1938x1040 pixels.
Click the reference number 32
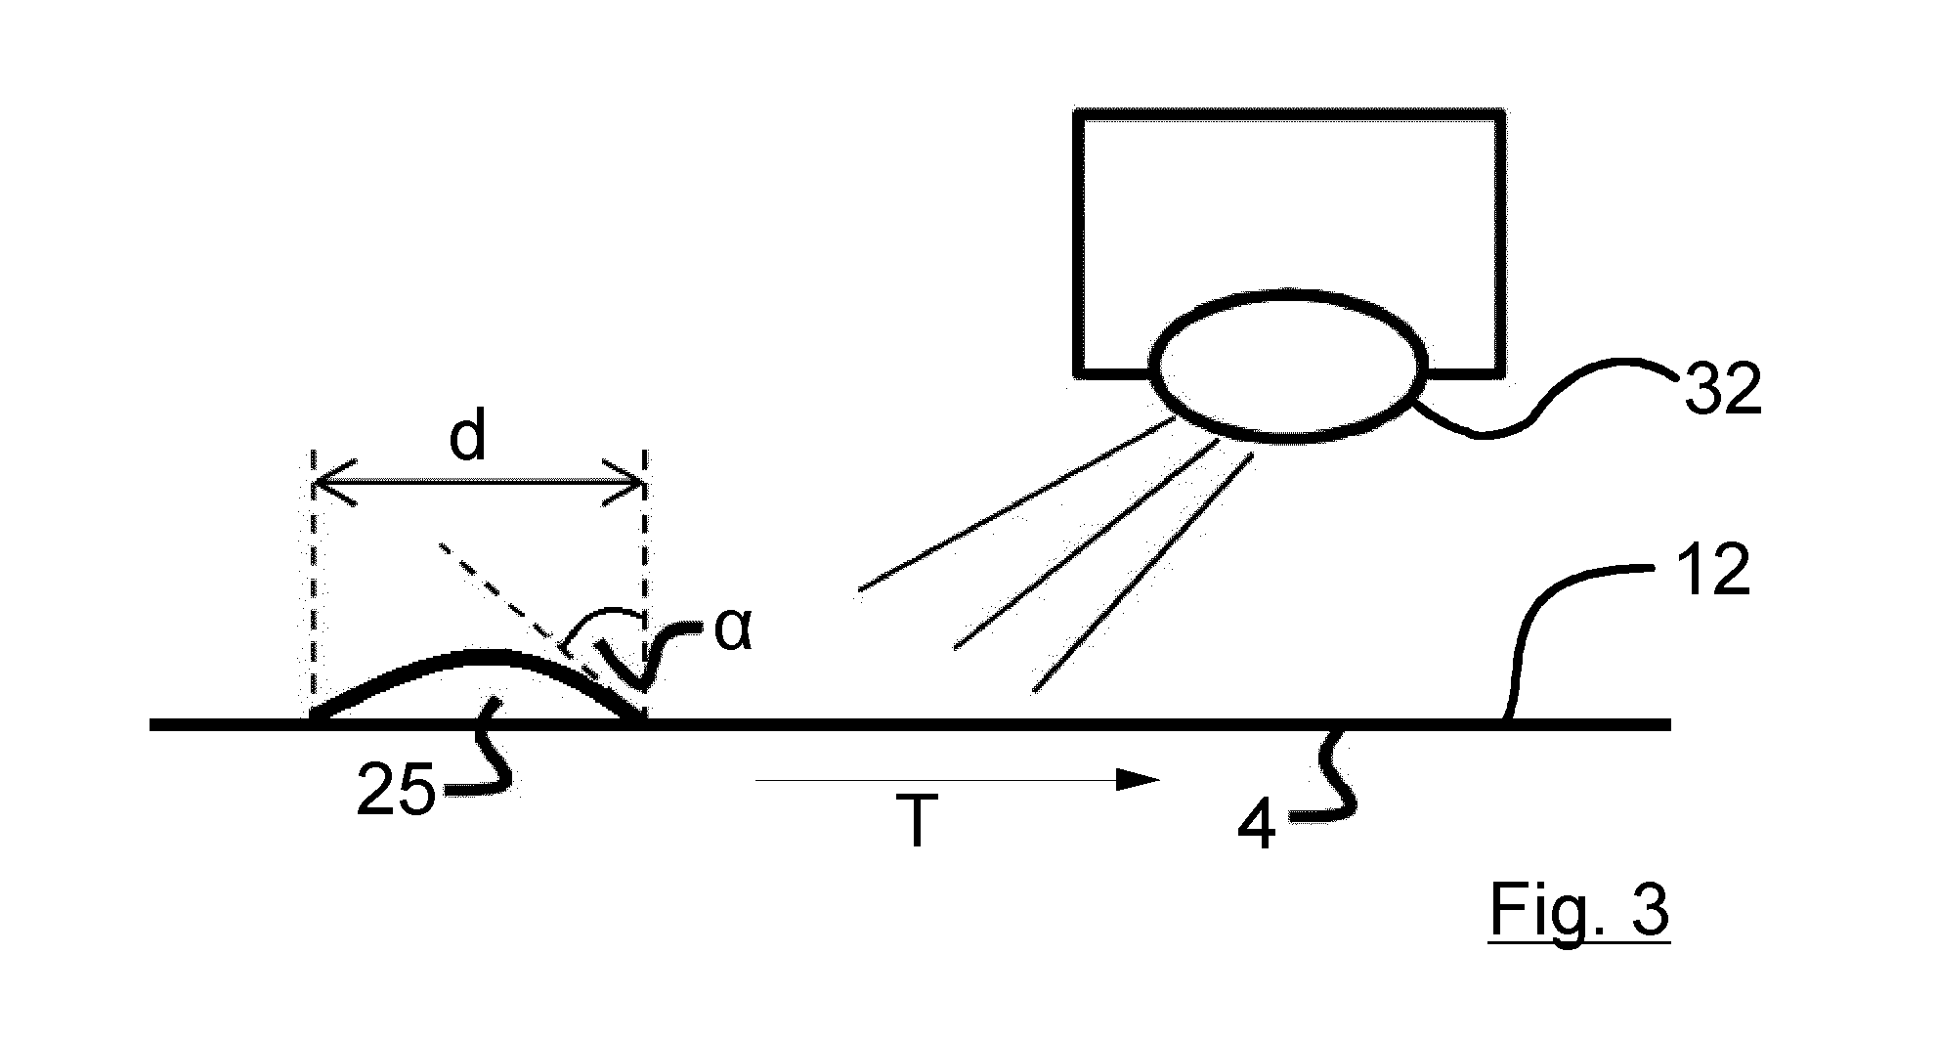pos(1721,390)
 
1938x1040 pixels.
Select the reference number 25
pos(396,791)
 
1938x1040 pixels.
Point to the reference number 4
pos(1258,828)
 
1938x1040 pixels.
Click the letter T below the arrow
pos(916,822)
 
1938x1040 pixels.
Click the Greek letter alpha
pos(733,631)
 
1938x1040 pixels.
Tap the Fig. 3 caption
pos(1579,912)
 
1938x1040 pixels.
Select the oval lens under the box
pos(1288,366)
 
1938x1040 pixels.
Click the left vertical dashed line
pos(313,585)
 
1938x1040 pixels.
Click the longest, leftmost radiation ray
pos(1016,504)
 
